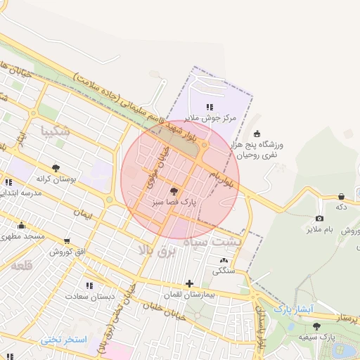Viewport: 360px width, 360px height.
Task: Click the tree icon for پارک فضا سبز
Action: pos(174,191)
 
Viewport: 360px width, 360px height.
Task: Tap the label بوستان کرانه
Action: pos(56,179)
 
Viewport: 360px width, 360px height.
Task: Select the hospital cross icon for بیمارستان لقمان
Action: pos(189,283)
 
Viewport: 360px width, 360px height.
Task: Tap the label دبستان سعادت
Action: pos(89,296)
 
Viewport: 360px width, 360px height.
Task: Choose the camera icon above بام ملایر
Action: pos(319,219)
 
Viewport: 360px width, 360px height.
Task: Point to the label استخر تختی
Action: pos(63,340)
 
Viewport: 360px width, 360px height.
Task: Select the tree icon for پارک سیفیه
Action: pos(316,326)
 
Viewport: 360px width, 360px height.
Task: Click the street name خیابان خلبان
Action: pos(163,310)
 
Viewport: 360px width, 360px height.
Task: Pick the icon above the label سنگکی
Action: pos(224,260)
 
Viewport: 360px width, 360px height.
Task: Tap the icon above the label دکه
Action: pos(342,197)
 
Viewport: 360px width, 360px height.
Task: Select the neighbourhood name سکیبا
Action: pos(56,131)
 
